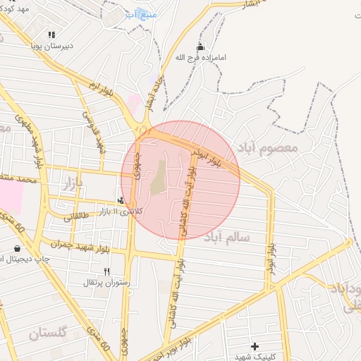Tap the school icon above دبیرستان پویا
coord(51,34)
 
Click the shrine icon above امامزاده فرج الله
coord(202,47)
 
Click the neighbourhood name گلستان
coord(48,331)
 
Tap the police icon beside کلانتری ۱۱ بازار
coord(122,201)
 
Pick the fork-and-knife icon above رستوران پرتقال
coord(107,271)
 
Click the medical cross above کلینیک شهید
coord(255,346)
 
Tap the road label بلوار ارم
coord(100,90)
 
